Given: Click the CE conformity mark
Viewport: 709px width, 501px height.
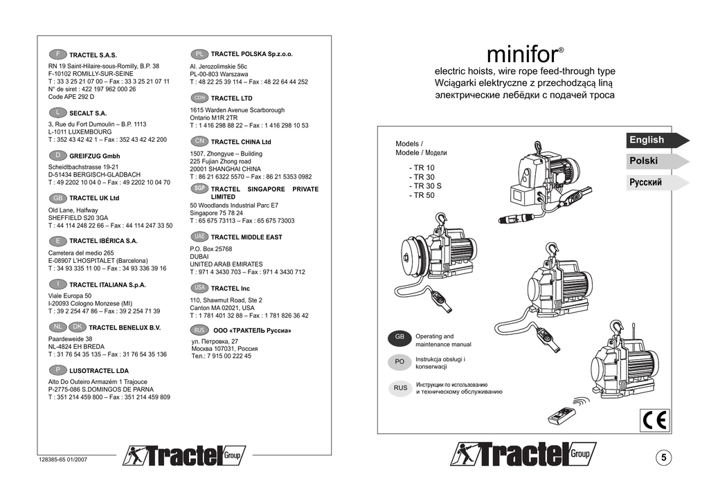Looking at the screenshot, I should pyautogui.click(x=652, y=419).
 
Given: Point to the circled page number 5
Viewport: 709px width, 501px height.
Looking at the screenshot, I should pyautogui.click(x=664, y=457).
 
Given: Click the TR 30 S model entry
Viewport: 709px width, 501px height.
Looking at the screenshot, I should pyautogui.click(x=425, y=186).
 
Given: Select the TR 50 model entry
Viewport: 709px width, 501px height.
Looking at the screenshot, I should pyautogui.click(x=422, y=195).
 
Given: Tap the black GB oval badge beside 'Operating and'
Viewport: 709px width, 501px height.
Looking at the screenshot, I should pyautogui.click(x=400, y=337).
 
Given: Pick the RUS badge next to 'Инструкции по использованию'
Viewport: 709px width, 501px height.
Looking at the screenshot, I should pyautogui.click(x=400, y=388).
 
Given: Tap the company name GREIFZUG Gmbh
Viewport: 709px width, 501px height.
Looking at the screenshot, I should pyautogui.click(x=94, y=156).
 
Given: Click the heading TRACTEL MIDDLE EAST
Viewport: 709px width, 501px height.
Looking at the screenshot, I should pyautogui.click(x=246, y=237).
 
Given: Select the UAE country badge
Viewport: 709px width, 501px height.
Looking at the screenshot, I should pyautogui.click(x=199, y=237).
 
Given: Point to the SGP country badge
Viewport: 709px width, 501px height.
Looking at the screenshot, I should pyautogui.click(x=199, y=188).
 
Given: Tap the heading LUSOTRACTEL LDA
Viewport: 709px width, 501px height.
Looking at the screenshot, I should pyautogui.click(x=99, y=370).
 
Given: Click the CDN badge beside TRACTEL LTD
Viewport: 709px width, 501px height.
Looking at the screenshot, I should pyautogui.click(x=199, y=98).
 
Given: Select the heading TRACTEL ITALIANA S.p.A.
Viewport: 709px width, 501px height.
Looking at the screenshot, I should pyautogui.click(x=107, y=284).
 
